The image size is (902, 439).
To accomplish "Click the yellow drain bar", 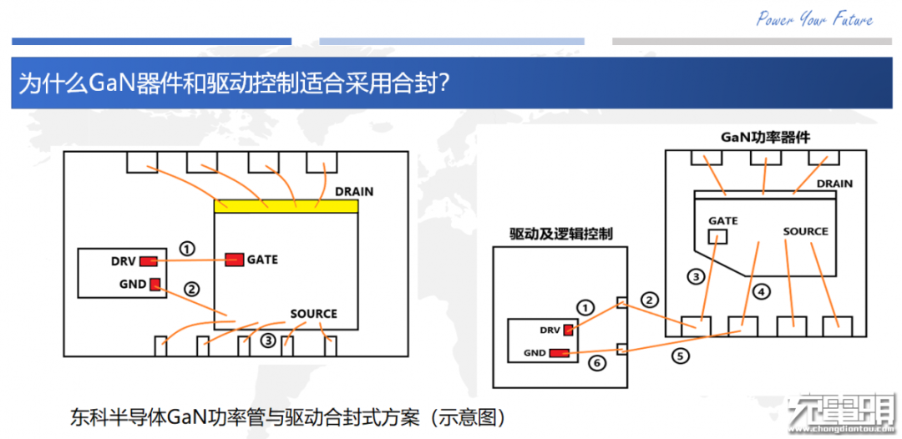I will tap(286, 206).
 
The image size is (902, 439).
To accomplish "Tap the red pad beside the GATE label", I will tap(233, 260).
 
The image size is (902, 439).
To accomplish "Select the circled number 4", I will tap(760, 291).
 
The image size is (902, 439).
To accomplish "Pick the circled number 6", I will tap(595, 363).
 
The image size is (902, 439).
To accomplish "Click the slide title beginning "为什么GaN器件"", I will tap(236, 83).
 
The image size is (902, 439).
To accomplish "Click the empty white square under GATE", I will tap(717, 237).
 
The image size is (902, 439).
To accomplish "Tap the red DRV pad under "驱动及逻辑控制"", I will tap(569, 329).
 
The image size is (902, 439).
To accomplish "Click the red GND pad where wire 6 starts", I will tap(559, 353).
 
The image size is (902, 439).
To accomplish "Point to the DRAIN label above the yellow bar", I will tap(354, 191).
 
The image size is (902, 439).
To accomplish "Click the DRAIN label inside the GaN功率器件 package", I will tap(834, 184).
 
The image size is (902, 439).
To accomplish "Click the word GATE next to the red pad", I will tap(262, 260).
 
